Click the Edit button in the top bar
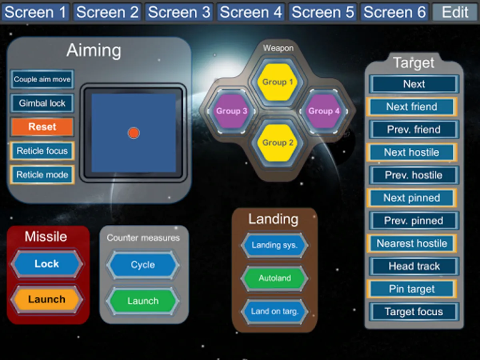[x=455, y=12]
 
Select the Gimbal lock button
[x=42, y=103]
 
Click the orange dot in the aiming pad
[x=134, y=133]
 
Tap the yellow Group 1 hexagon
[x=278, y=82]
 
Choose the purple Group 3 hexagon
[x=232, y=111]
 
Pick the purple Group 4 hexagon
[x=324, y=111]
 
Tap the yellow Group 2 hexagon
[x=278, y=143]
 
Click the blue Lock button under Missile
[x=47, y=264]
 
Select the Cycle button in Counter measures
[x=143, y=265]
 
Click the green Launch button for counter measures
[x=143, y=301]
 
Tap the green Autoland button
[x=274, y=278]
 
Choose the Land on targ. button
[x=274, y=311]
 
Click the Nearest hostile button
[x=412, y=243]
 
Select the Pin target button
[x=412, y=289]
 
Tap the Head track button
[x=414, y=266]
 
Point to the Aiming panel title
[x=94, y=51]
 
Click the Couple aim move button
[x=42, y=79]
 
